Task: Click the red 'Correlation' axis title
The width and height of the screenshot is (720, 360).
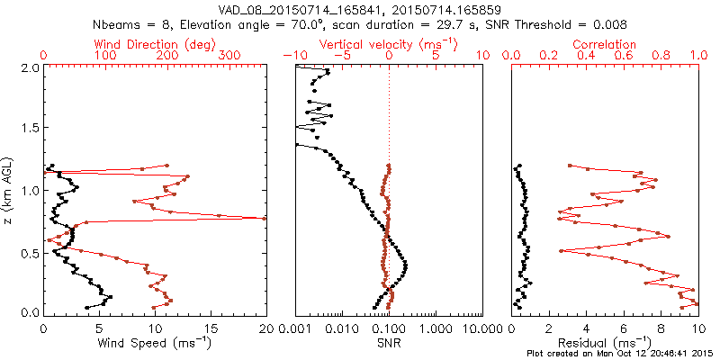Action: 605,43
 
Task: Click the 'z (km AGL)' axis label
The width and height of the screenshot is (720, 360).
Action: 11,189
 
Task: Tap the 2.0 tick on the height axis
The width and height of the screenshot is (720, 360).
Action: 29,67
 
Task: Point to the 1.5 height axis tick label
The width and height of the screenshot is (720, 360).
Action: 29,129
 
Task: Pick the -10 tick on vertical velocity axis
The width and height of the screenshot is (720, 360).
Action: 292,56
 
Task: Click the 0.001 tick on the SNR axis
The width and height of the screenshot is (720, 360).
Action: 295,328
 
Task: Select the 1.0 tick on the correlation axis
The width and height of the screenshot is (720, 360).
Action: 698,56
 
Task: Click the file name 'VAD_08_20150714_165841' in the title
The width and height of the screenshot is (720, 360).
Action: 289,9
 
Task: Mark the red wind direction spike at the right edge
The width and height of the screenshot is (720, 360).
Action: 265,218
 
